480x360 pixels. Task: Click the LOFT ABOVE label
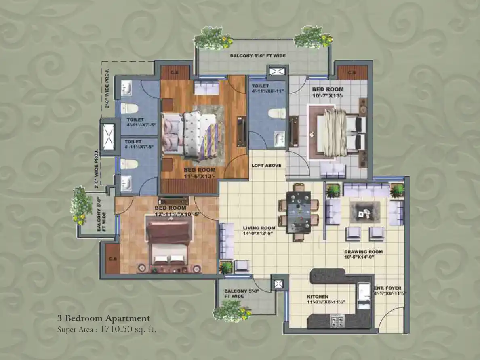tap(266, 166)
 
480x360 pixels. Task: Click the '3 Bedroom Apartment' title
tap(103, 318)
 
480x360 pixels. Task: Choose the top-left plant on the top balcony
tap(208, 39)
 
